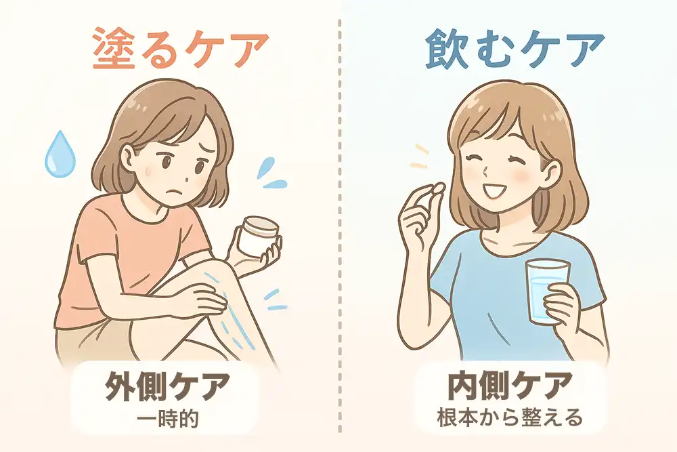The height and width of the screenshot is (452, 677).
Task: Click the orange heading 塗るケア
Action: (181, 48)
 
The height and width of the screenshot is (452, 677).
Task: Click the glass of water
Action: (547, 291)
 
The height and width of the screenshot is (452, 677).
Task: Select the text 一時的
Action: (167, 419)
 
